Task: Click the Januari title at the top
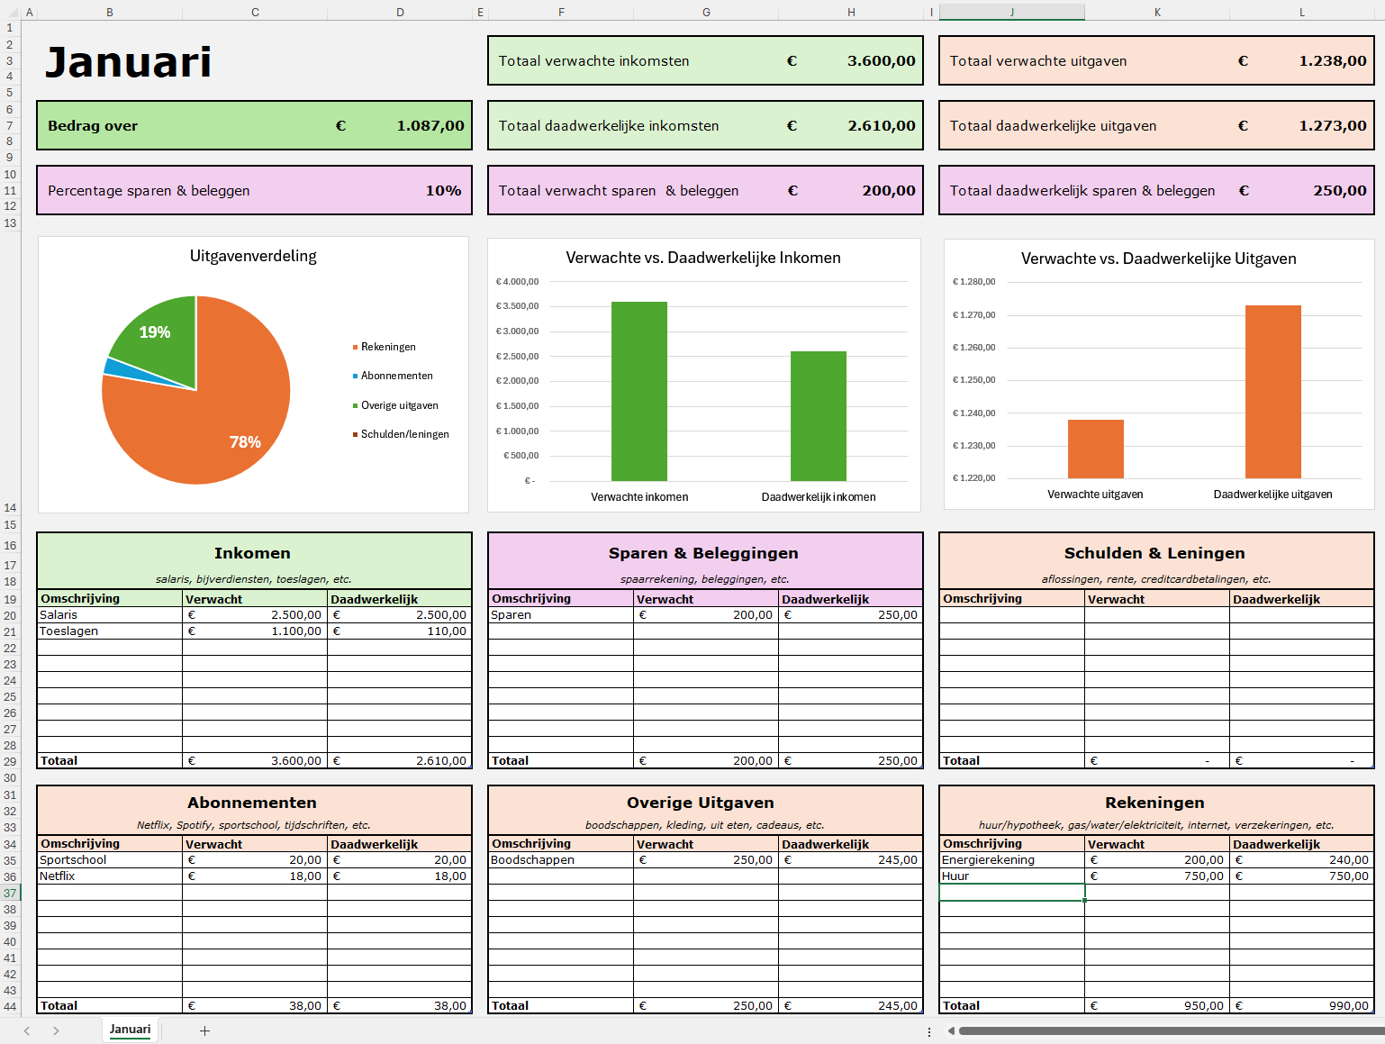pyautogui.click(x=128, y=62)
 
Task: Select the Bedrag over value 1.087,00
pyautogui.click(x=430, y=126)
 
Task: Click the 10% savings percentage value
pyautogui.click(x=443, y=191)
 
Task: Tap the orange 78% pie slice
pyautogui.click(x=207, y=432)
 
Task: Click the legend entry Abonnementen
pyautogui.click(x=396, y=377)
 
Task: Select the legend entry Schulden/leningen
pyautogui.click(x=404, y=434)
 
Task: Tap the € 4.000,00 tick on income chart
pyautogui.click(x=517, y=282)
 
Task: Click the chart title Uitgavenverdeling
pyautogui.click(x=253, y=256)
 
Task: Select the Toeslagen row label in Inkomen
pyautogui.click(x=69, y=631)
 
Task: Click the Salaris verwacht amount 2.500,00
pyautogui.click(x=295, y=615)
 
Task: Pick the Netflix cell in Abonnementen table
pyautogui.click(x=58, y=876)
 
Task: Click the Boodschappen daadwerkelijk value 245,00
pyautogui.click(x=897, y=860)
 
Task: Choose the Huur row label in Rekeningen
pyautogui.click(x=955, y=876)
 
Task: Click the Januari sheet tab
pyautogui.click(x=130, y=1030)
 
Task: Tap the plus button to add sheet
pyautogui.click(x=204, y=1030)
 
